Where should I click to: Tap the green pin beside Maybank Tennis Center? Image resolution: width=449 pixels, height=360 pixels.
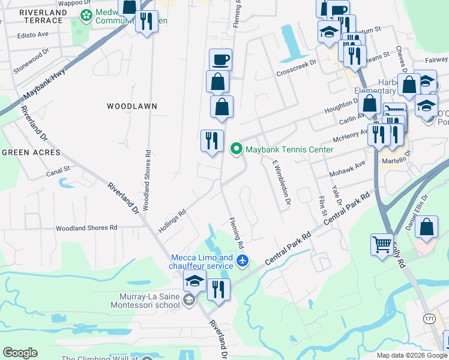click(237, 148)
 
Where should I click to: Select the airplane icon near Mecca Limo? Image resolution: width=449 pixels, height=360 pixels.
click(242, 261)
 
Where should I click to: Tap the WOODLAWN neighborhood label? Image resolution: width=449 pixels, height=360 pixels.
click(132, 106)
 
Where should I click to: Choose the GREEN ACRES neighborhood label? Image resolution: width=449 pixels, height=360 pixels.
click(31, 152)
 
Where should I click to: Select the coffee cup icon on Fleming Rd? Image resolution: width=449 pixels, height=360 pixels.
click(220, 60)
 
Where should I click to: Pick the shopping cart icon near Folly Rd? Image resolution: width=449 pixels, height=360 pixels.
click(382, 244)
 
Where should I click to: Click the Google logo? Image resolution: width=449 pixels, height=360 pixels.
click(20, 353)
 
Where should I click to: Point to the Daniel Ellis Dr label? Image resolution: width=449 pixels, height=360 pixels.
click(418, 210)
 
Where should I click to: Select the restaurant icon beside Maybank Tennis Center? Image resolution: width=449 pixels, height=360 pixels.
click(211, 140)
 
